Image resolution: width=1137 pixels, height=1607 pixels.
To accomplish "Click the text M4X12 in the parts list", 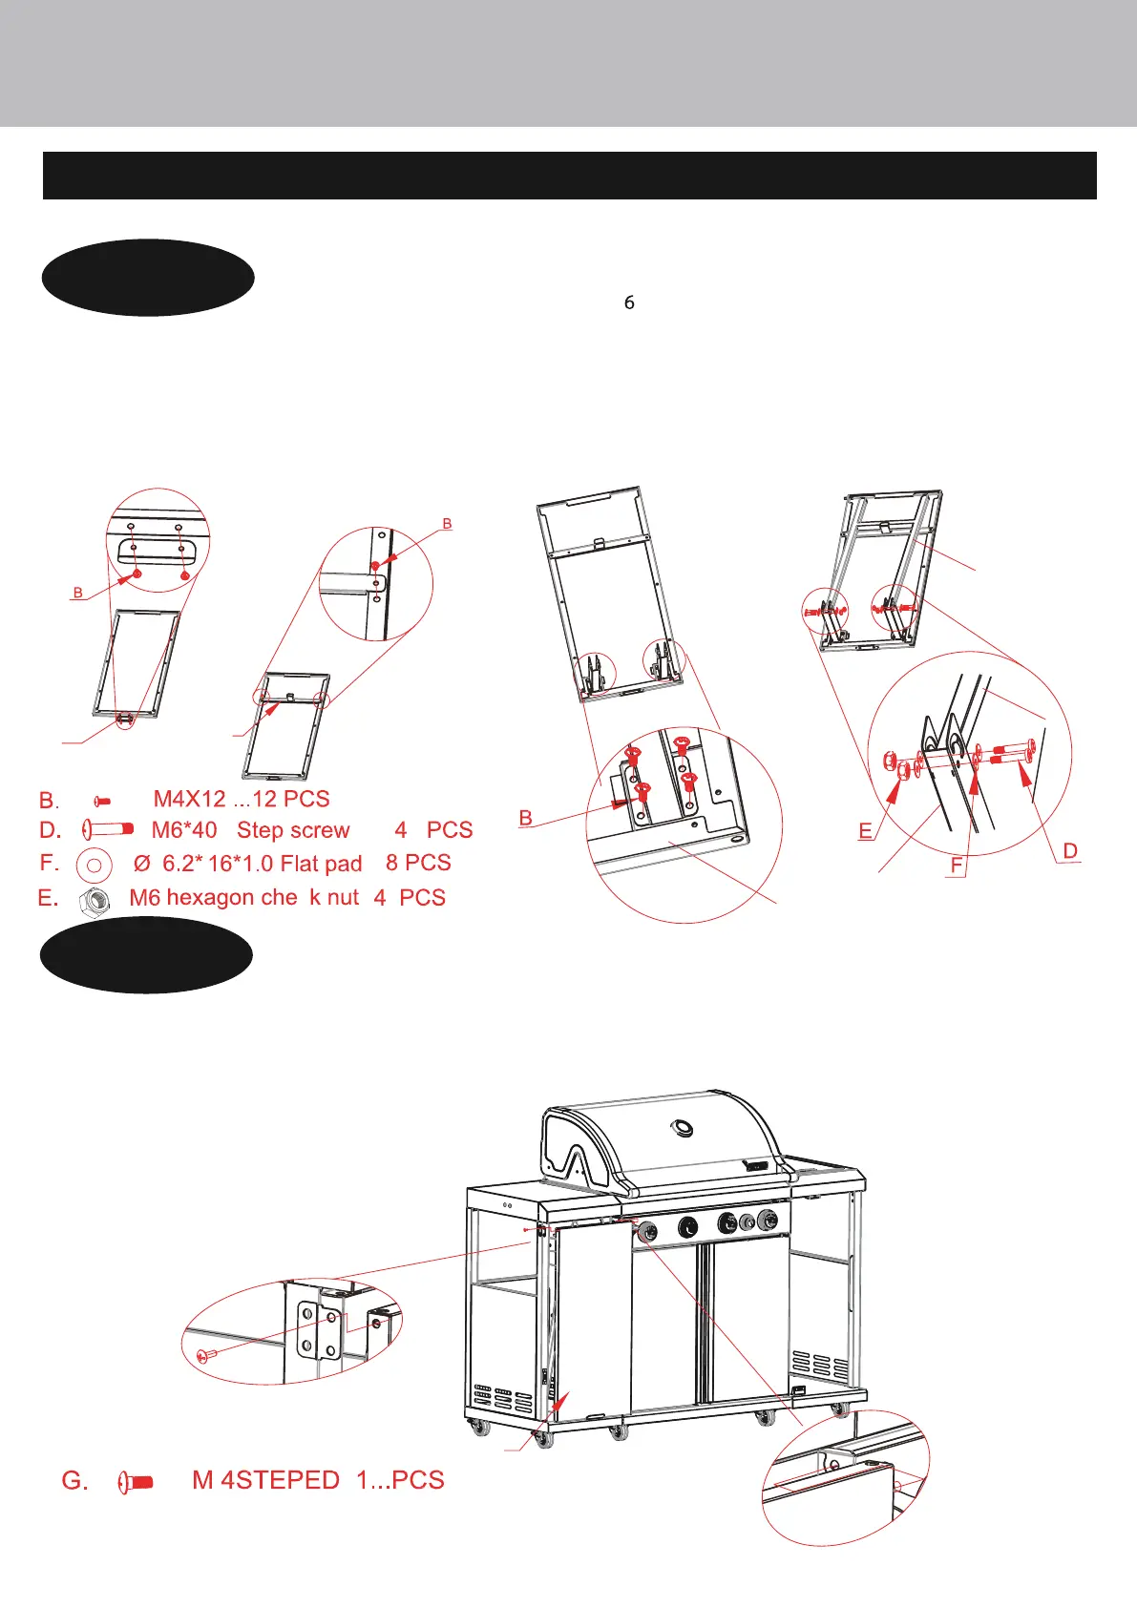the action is tap(190, 799).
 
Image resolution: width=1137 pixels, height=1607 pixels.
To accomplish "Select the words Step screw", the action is tap(293, 830).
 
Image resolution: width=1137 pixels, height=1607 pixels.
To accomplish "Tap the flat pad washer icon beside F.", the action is tap(95, 865).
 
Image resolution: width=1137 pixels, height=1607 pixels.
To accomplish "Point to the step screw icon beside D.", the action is tap(108, 829).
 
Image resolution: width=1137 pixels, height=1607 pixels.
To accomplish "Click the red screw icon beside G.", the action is tap(137, 1482).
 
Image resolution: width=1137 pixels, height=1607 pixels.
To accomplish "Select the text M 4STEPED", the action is tap(265, 1480).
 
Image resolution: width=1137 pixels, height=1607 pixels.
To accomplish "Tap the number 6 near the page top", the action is tap(629, 303).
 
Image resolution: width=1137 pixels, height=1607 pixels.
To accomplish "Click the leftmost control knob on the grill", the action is tap(646, 1229).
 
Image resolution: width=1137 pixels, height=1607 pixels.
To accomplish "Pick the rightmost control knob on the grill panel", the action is tap(767, 1221).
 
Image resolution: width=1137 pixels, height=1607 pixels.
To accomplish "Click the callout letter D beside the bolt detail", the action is tap(1070, 850).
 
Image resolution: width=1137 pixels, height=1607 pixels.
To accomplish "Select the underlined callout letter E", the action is tap(865, 831).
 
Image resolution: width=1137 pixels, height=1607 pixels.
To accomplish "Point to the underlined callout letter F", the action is tap(957, 866).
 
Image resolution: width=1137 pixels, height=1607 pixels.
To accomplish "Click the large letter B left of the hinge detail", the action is tap(525, 818).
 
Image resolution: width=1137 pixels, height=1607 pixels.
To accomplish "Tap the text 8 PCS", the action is tap(418, 863).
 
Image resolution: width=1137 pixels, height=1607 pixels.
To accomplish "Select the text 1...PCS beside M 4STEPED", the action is tap(400, 1480).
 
